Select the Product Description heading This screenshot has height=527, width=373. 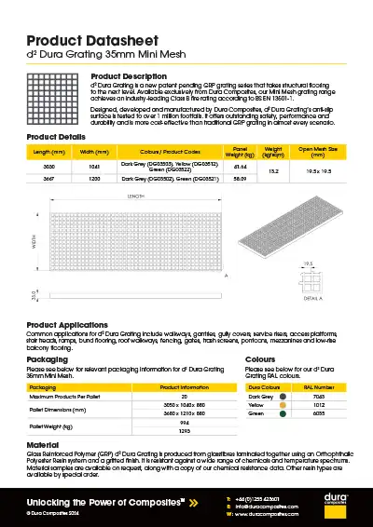pos(129,75)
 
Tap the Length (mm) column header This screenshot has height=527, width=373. pos(49,150)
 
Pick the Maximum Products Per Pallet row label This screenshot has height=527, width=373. pos(63,396)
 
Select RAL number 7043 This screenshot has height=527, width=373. pos(321,396)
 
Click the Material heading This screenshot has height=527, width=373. pos(43,445)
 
